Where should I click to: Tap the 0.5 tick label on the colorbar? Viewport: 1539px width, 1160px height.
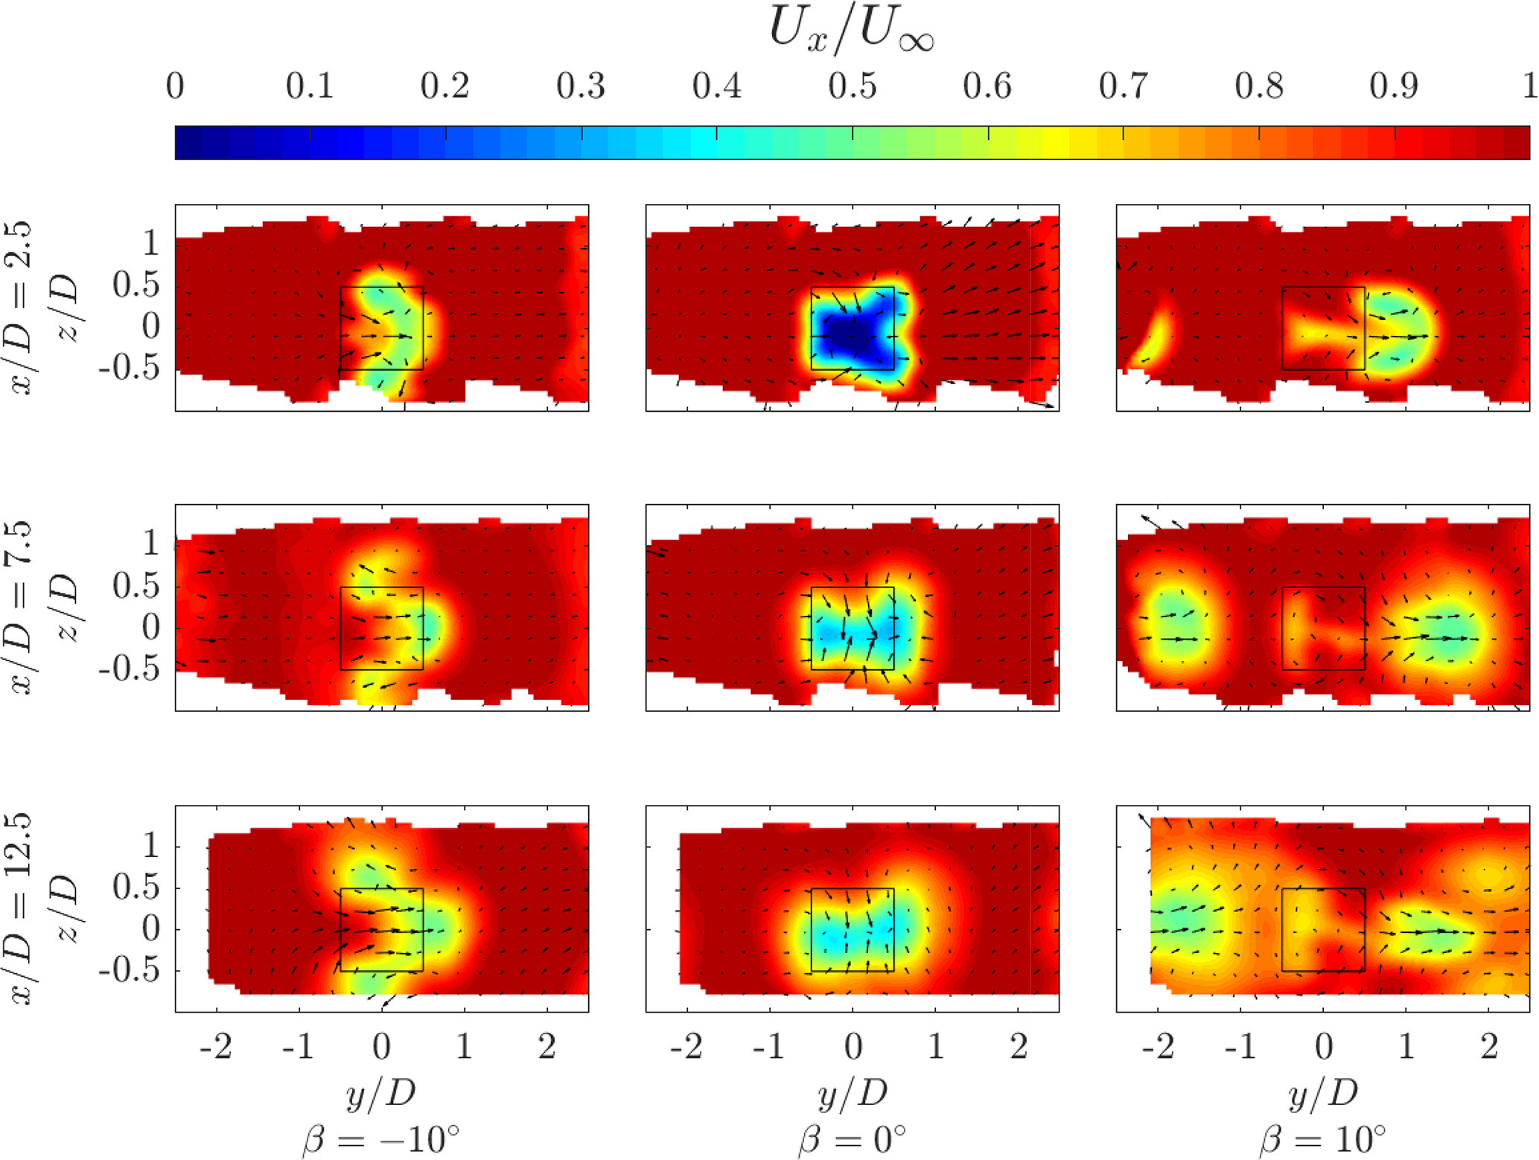click(x=852, y=87)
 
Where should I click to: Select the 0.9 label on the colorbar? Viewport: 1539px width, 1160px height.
click(x=1394, y=87)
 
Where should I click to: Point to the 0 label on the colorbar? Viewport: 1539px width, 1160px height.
click(x=175, y=87)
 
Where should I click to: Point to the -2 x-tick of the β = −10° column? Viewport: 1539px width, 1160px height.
click(x=216, y=1047)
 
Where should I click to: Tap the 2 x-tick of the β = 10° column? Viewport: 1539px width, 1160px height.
click(x=1488, y=1047)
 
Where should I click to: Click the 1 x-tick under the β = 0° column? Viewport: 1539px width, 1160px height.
click(x=935, y=1047)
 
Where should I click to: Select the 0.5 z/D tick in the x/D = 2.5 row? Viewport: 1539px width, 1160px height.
click(x=136, y=285)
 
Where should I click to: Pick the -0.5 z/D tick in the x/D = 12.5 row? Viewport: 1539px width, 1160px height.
click(x=130, y=972)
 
